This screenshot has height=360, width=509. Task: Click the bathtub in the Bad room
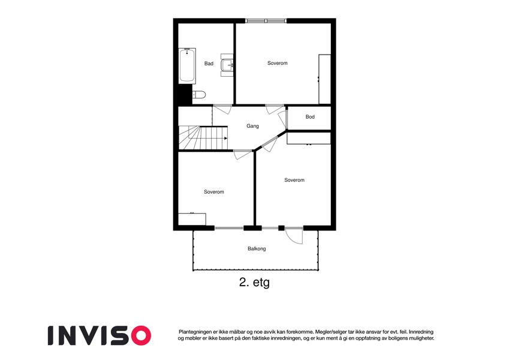187,66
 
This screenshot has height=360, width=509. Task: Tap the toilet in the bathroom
199,95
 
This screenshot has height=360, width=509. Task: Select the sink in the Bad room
227,65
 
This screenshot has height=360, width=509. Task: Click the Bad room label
209,64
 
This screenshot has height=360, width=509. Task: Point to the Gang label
252,126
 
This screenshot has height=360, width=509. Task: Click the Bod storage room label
310,116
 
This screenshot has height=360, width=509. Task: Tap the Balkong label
257,249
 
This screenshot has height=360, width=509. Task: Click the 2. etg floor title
254,283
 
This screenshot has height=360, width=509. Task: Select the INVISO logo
100,335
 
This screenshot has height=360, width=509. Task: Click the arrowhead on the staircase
225,139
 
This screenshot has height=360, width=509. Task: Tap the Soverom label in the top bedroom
277,63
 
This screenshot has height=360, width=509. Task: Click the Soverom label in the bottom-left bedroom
214,192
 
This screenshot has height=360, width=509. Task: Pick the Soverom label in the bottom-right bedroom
294,180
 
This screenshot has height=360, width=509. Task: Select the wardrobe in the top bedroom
324,79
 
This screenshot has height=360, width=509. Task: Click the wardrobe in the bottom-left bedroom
192,219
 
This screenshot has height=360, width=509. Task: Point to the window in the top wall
266,21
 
